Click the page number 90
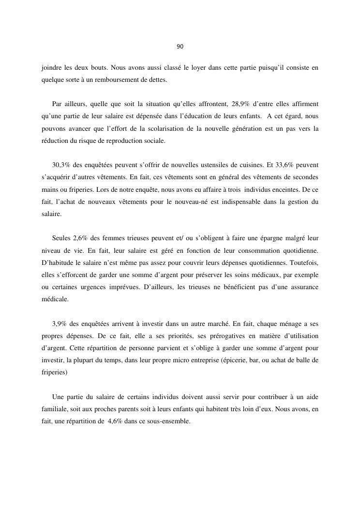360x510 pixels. [x=180, y=47]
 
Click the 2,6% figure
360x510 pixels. [x=81, y=238]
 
